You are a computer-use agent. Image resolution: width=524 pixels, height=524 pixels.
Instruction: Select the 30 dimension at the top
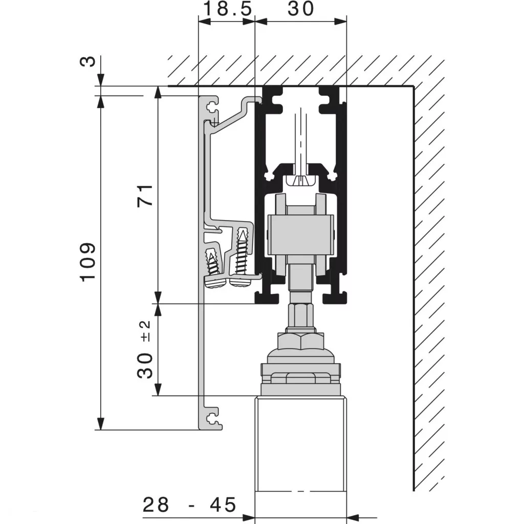(300, 9)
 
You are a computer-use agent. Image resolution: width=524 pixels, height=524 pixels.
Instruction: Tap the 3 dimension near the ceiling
(89, 61)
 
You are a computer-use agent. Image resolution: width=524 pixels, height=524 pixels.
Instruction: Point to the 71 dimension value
(145, 195)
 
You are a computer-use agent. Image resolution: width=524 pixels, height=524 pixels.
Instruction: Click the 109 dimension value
(88, 261)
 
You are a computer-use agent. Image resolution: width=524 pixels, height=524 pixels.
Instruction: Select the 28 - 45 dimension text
(189, 505)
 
